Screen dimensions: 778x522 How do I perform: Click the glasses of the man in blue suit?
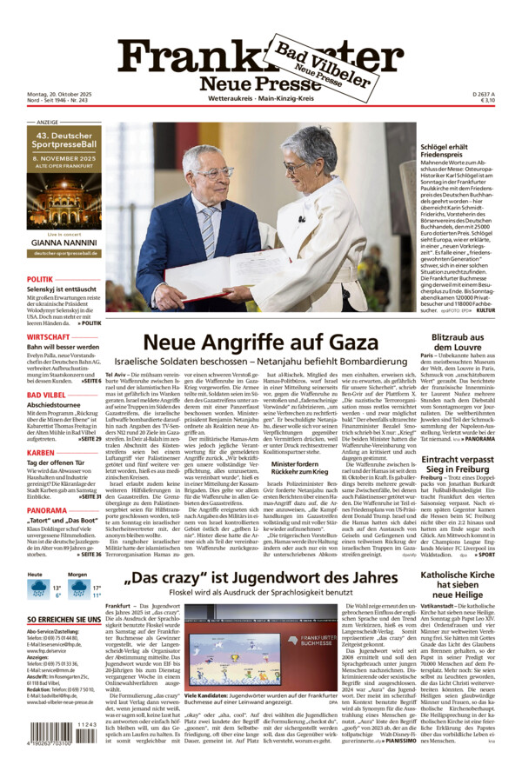[213, 172]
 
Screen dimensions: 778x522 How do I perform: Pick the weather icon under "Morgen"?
[80, 588]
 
